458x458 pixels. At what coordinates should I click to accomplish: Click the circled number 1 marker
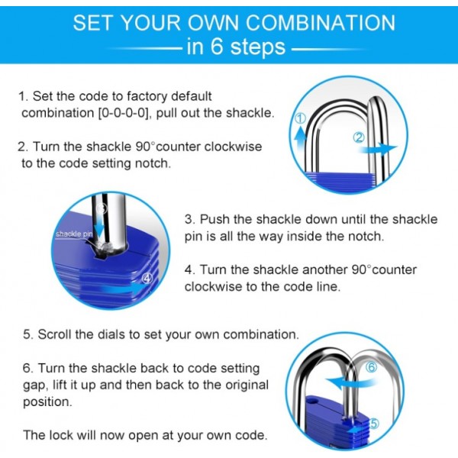[301, 118]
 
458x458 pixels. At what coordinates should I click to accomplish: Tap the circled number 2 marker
[359, 138]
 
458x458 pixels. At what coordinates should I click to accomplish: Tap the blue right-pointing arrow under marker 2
[379, 148]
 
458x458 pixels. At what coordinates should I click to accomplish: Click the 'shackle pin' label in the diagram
[74, 234]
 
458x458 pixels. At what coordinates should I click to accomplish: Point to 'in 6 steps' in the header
[236, 47]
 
